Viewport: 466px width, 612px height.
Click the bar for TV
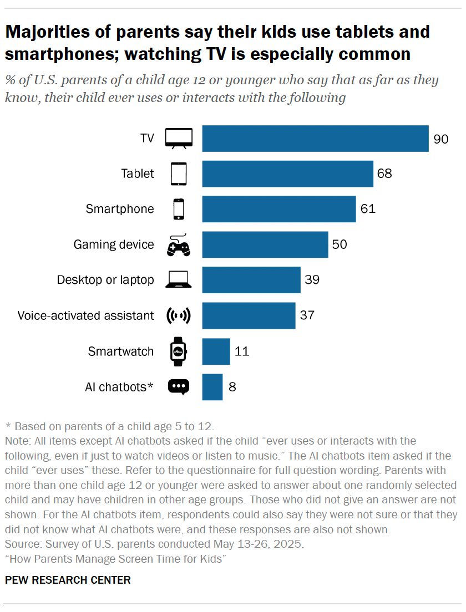pyautogui.click(x=315, y=139)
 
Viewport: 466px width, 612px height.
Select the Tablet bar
pyautogui.click(x=287, y=174)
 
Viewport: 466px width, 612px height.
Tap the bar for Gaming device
pyautogui.click(x=265, y=244)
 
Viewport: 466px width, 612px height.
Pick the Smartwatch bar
pyautogui.click(x=216, y=351)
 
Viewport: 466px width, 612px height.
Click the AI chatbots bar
pyautogui.click(x=212, y=387)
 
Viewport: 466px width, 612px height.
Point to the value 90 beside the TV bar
pyautogui.click(x=440, y=139)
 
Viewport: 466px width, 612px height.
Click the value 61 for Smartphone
pyautogui.click(x=368, y=209)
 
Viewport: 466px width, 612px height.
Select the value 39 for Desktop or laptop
pyautogui.click(x=312, y=280)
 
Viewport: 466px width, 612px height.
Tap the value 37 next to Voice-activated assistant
pyautogui.click(x=307, y=315)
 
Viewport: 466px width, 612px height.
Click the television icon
pyautogui.click(x=179, y=139)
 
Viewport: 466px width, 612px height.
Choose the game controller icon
pyautogui.click(x=179, y=245)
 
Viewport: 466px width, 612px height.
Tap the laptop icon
pyautogui.click(x=179, y=280)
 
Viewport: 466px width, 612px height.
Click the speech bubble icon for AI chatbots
pyautogui.click(x=179, y=387)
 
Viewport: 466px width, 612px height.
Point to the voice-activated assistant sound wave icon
pyautogui.click(x=179, y=316)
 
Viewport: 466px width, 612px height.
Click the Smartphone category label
pyautogui.click(x=120, y=209)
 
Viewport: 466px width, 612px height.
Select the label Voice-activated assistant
pyautogui.click(x=85, y=315)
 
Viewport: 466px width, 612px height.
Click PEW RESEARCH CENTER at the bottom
pyautogui.click(x=68, y=580)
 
